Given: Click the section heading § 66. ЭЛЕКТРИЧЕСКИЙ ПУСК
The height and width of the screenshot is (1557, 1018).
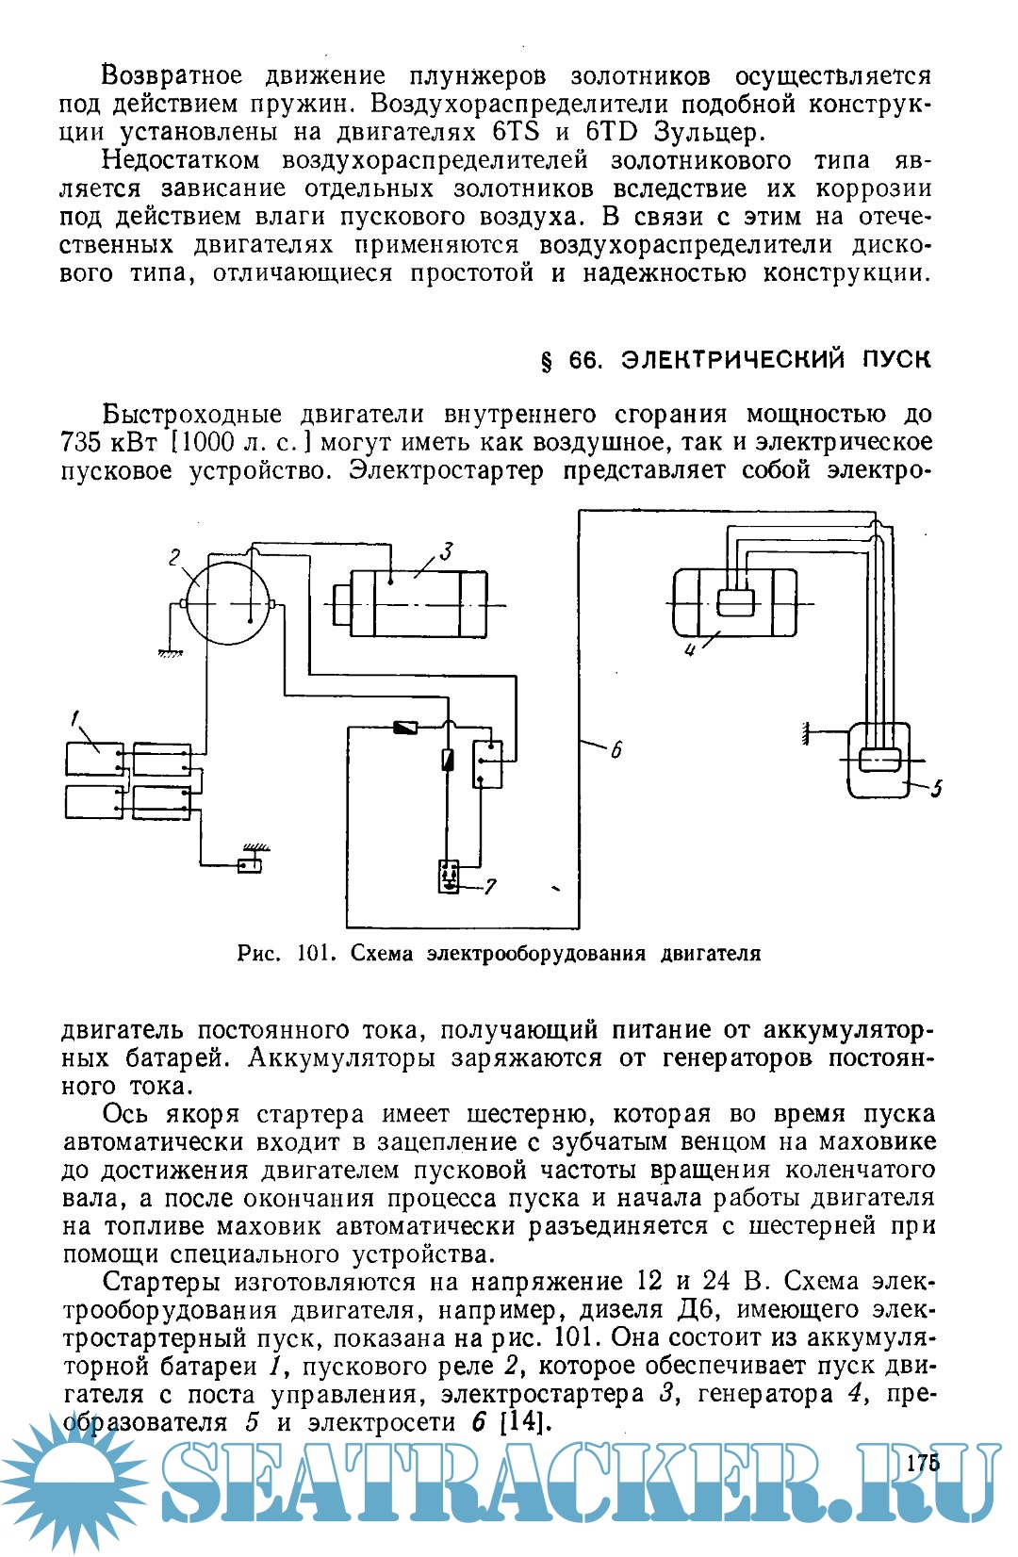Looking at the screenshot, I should point(734,360).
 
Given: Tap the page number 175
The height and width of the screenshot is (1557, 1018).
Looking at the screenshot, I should point(923,1463).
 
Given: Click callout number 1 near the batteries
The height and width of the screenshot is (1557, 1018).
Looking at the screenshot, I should point(74,720).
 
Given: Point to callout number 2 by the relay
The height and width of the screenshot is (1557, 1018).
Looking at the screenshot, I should point(174,558).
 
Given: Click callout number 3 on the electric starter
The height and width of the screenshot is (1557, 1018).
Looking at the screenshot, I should point(446,551).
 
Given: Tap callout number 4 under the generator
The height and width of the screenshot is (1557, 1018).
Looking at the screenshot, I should point(691,650).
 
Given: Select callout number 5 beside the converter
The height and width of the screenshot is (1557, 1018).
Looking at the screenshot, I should point(936,788).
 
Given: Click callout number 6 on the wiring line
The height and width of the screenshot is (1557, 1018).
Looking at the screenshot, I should point(616,750).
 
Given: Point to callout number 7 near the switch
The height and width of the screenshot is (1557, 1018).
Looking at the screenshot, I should point(490,886).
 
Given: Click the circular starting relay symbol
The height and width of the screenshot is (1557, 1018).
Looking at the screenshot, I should point(229,603).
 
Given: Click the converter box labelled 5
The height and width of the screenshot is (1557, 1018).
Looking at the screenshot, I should point(878,760).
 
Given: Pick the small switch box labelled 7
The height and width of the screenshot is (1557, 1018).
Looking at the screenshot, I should point(449,876).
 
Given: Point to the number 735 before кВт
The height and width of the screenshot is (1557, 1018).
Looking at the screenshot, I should point(82,442).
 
